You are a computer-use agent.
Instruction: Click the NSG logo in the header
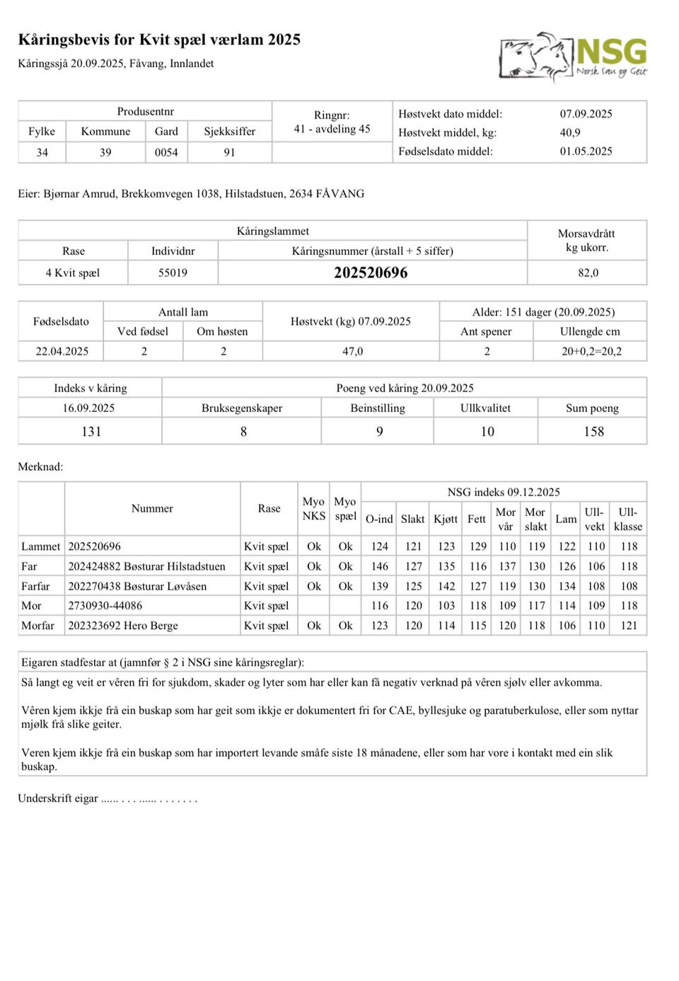[573, 57]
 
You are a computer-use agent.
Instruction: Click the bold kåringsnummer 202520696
[371, 272]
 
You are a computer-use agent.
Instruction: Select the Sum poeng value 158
[593, 431]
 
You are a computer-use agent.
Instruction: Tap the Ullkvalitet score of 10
[487, 431]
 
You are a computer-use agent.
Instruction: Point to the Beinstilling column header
[378, 408]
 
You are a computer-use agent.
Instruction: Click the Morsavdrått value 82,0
[588, 272]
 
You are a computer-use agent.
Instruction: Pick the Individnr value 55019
[173, 272]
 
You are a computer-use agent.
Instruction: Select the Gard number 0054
[166, 152]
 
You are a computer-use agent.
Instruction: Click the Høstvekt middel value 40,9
[570, 132]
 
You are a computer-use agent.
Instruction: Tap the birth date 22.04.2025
[62, 351]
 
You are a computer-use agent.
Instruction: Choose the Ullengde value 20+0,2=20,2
[591, 351]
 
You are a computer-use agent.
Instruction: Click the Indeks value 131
[91, 431]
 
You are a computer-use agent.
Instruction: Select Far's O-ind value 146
[380, 566]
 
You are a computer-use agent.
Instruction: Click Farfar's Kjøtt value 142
[446, 586]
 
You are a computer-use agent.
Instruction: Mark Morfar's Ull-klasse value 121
[629, 626]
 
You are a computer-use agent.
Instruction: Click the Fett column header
[477, 519]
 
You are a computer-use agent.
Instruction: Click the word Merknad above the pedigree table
[40, 466]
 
